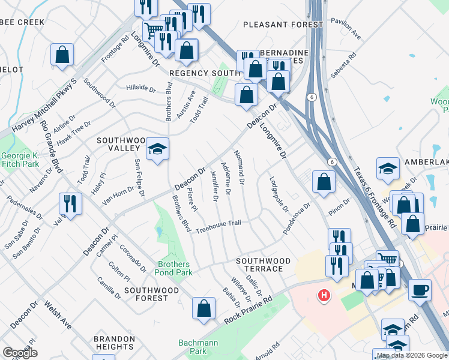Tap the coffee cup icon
420,289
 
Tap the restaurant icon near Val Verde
70,204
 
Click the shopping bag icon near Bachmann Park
203,308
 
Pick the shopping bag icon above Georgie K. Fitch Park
62,55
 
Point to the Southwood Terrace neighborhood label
263,265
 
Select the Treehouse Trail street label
218,224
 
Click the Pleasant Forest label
274,25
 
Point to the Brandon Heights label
113,343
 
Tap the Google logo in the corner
20,352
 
